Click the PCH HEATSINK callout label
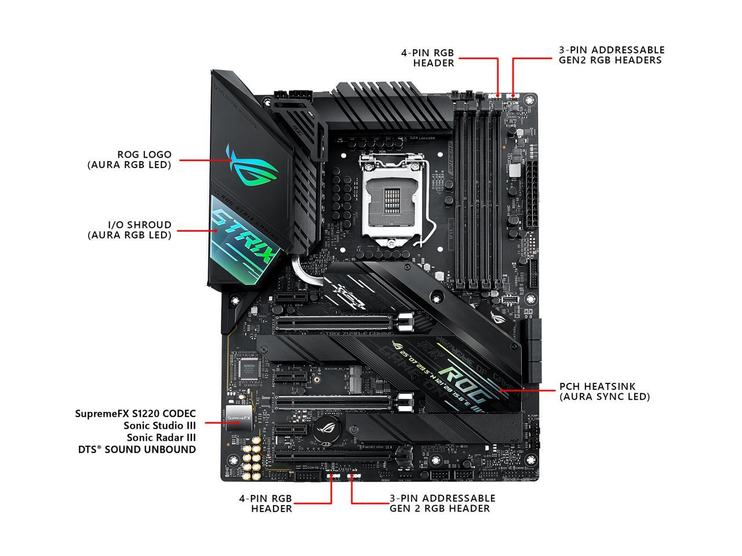604,392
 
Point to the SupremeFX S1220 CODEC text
135,414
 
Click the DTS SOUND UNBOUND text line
137,449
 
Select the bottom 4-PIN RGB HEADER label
265,503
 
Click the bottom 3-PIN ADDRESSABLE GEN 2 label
442,503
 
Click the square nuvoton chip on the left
249,369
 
